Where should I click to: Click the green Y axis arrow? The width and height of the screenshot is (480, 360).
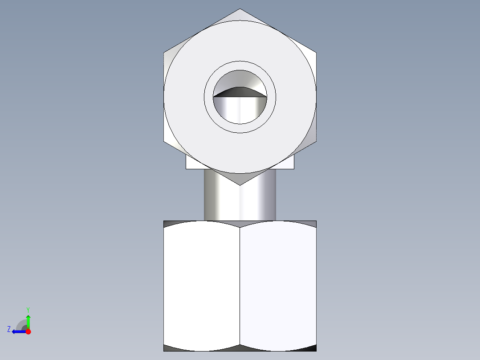point(28,319)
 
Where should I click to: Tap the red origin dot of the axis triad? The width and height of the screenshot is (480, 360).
point(28,331)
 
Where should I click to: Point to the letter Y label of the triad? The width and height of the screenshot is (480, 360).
point(28,309)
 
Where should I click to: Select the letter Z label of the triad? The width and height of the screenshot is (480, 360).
point(9,329)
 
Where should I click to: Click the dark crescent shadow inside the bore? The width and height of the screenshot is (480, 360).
point(240,91)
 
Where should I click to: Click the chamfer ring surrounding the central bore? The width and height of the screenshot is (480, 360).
point(240,66)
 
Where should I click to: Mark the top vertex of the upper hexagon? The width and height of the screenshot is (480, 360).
point(240,9)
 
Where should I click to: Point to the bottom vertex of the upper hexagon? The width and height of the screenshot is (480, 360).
point(240,185)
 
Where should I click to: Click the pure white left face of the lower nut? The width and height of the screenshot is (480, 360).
point(202,285)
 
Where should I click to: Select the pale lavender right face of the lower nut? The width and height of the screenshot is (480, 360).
point(278,285)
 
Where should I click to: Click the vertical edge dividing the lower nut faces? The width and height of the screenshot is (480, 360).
point(240,285)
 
